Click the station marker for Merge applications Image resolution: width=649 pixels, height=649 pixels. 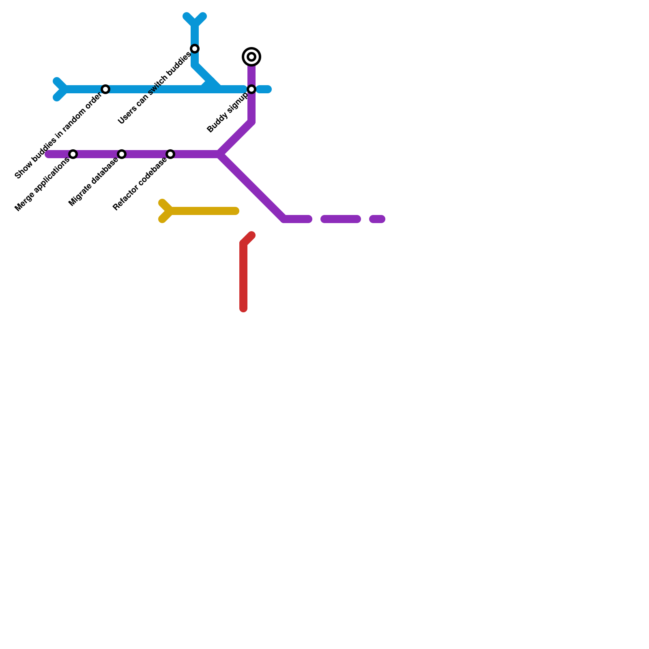73,154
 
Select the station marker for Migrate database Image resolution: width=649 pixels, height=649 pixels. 122,154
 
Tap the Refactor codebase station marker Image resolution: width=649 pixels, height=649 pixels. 170,154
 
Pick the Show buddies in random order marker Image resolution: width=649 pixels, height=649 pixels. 105,89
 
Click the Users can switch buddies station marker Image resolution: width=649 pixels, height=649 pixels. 195,49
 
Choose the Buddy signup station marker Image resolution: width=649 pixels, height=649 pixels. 251,89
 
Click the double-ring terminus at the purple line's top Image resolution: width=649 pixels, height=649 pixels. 251,57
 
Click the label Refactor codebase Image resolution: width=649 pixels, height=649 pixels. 140,184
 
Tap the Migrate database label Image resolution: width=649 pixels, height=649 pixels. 94,182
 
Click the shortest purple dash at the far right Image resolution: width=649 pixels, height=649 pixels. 377,219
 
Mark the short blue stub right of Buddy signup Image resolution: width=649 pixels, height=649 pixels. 264,89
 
